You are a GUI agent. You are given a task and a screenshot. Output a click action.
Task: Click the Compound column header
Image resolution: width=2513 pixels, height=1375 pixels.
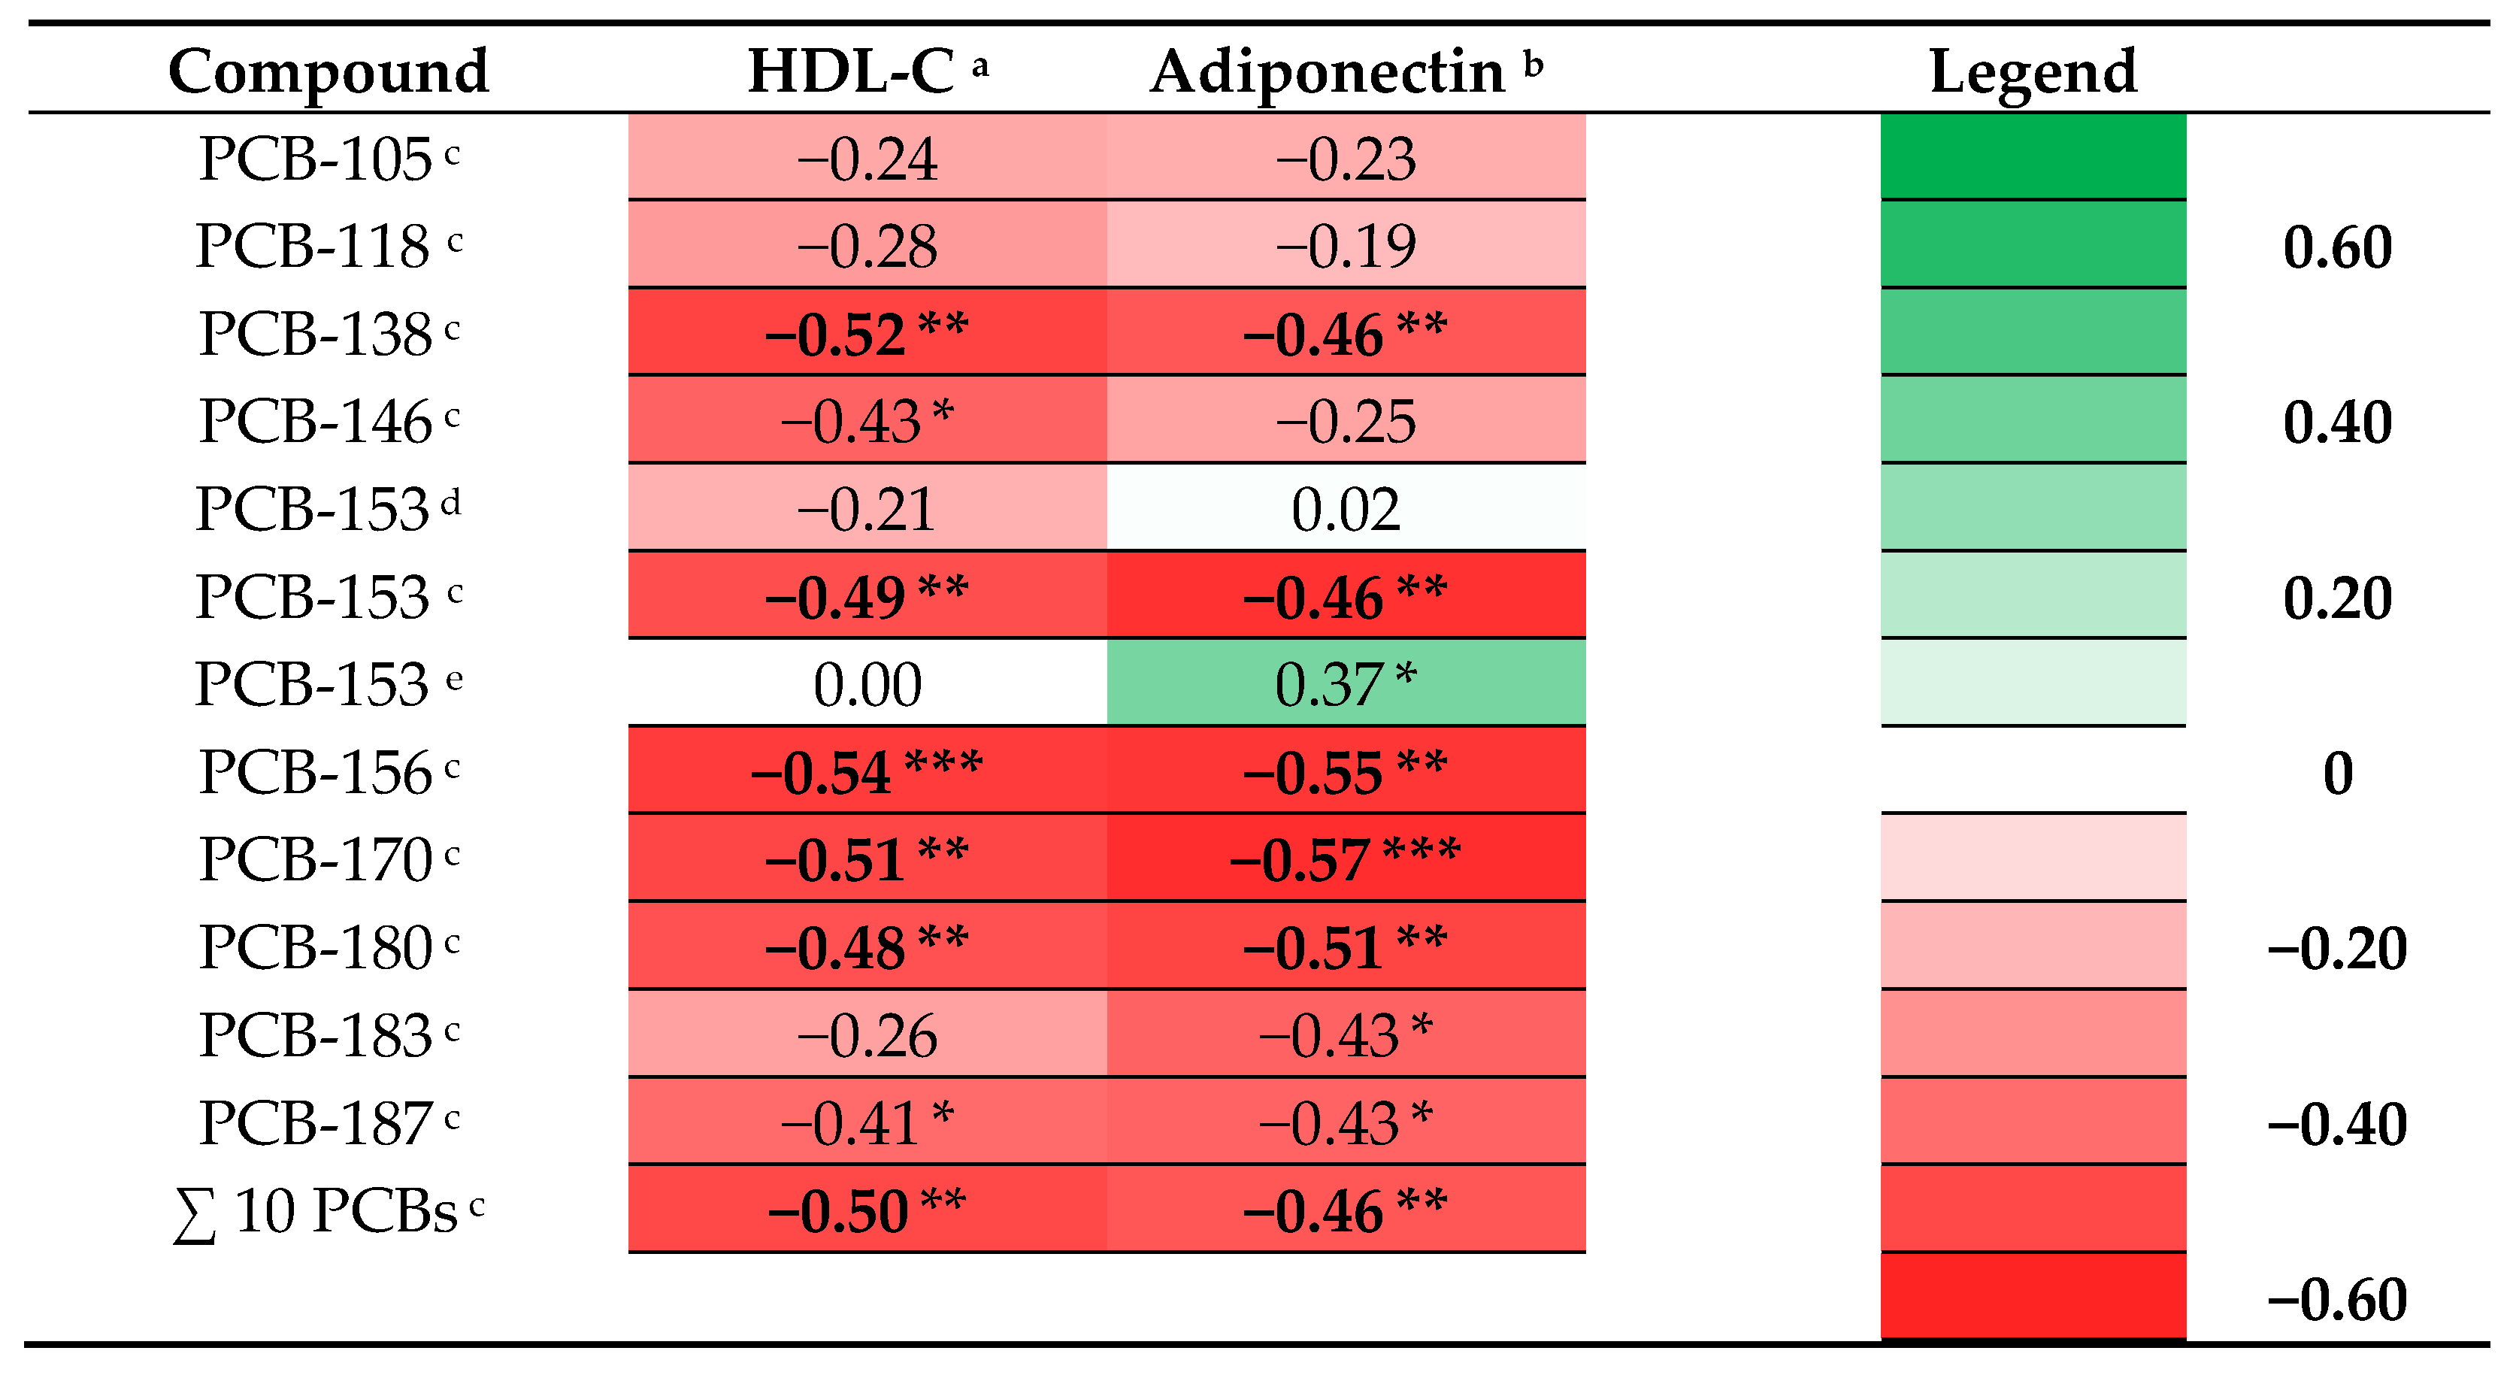pos(328,71)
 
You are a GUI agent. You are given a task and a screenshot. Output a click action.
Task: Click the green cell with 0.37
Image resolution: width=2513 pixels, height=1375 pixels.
pos(1346,684)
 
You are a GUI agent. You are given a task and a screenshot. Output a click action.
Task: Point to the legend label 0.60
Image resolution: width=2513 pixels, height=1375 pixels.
pos(2336,247)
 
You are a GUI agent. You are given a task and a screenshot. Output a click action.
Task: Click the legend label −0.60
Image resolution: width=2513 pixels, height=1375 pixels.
pos(2336,1299)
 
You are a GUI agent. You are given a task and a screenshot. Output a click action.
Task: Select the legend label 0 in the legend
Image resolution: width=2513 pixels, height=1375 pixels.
pos(2336,773)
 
